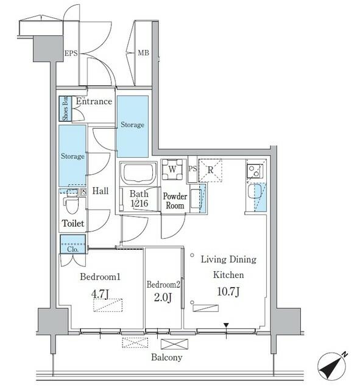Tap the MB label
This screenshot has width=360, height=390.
[x=143, y=54]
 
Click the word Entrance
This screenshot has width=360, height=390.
[x=94, y=102]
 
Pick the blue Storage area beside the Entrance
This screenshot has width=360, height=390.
[x=132, y=125]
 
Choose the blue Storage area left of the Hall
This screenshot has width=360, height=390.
[x=72, y=156]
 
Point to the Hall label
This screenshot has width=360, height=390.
[x=100, y=191]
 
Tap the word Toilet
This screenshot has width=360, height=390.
[x=72, y=224]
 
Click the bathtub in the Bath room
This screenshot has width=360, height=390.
[x=138, y=173]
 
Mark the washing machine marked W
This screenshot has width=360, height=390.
[x=172, y=169]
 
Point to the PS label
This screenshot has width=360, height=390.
[x=192, y=169]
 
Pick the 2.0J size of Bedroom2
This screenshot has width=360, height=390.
[x=163, y=297]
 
